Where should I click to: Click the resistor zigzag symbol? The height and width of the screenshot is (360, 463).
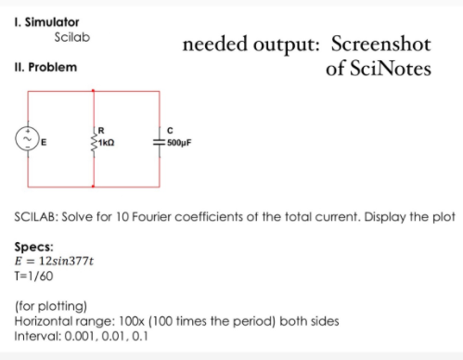[x=94, y=141]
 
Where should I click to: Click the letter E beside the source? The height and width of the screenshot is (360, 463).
[x=44, y=144]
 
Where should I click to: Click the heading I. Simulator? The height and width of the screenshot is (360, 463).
[x=47, y=20]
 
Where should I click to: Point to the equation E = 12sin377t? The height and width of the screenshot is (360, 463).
[x=57, y=262]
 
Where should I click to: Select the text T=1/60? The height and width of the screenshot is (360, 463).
[x=33, y=276]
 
